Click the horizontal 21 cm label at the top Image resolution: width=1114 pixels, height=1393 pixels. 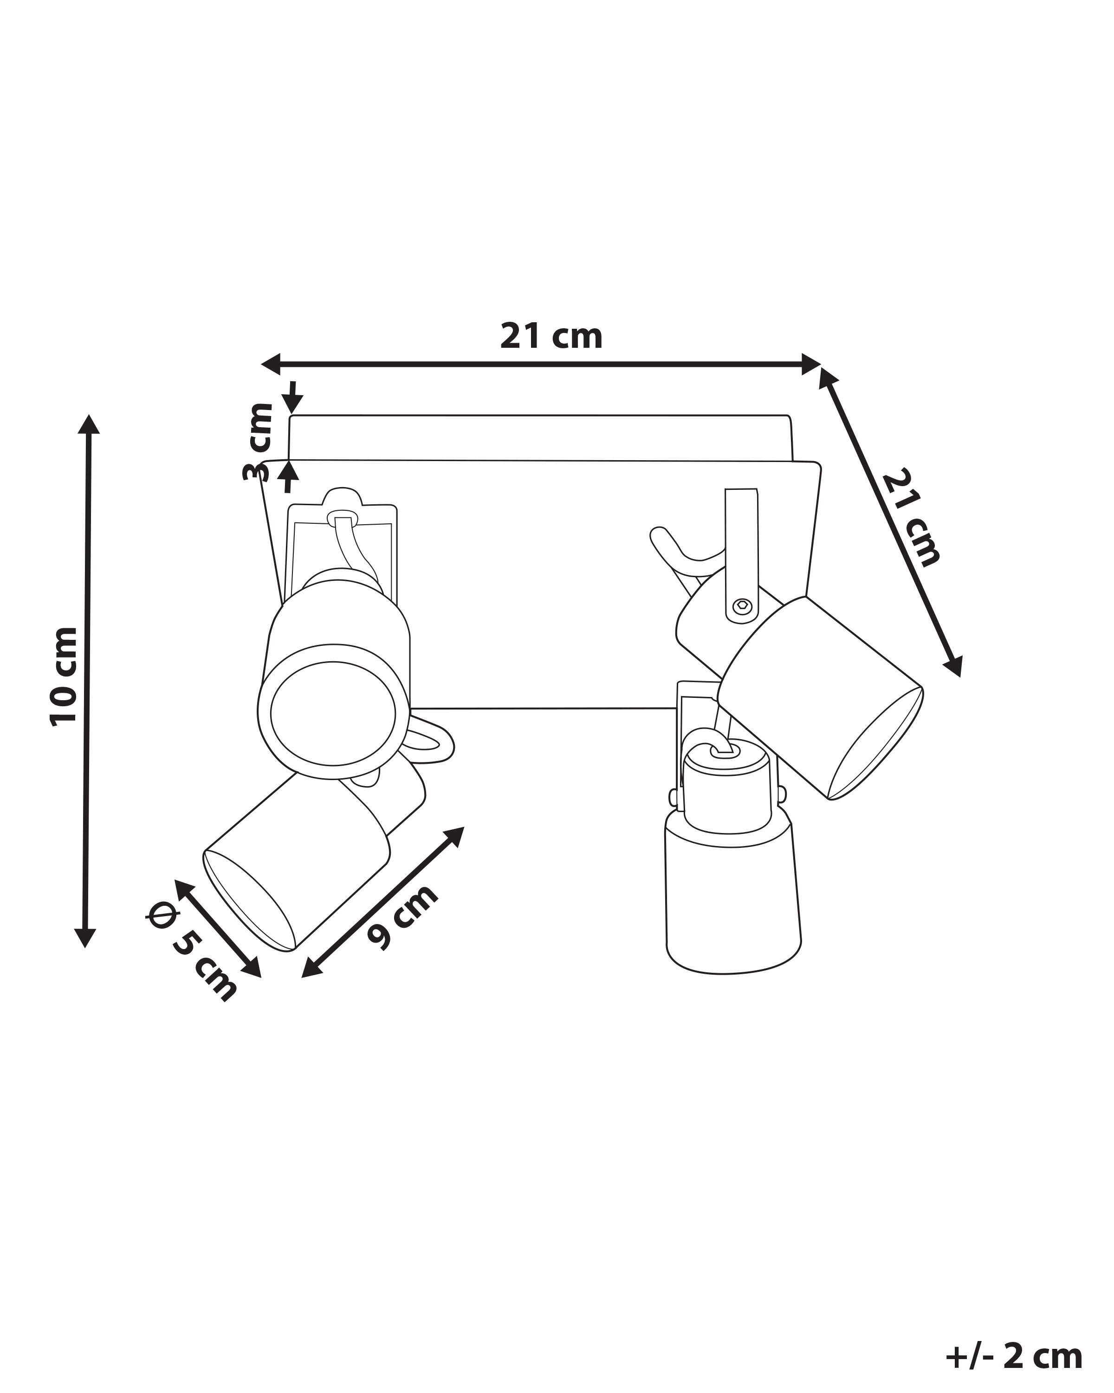tap(551, 337)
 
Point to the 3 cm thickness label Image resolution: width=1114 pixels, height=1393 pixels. tap(259, 442)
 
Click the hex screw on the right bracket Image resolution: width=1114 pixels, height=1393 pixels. tap(742, 605)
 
